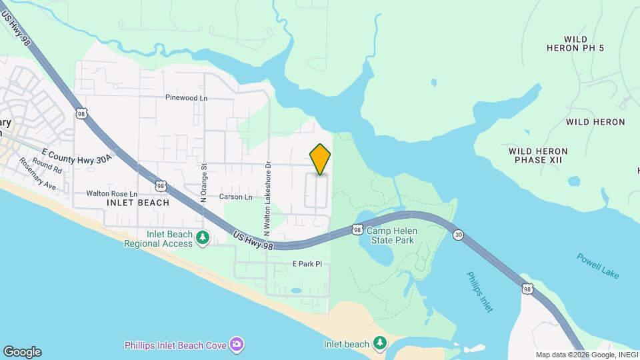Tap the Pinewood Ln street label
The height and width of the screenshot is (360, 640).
point(187,97)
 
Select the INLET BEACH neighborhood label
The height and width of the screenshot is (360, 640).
point(137,202)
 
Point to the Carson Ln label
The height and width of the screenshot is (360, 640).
point(237,197)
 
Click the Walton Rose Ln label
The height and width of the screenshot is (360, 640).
point(111,193)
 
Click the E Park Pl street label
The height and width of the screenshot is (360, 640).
point(307,264)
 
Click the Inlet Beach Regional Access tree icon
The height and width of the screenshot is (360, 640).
point(202,237)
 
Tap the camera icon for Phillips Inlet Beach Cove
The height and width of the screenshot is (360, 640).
point(235,345)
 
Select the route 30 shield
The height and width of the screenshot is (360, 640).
point(458,235)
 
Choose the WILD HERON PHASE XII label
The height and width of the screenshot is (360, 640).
point(538,155)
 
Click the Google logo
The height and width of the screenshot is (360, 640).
point(22,352)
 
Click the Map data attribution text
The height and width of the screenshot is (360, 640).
point(585,355)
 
